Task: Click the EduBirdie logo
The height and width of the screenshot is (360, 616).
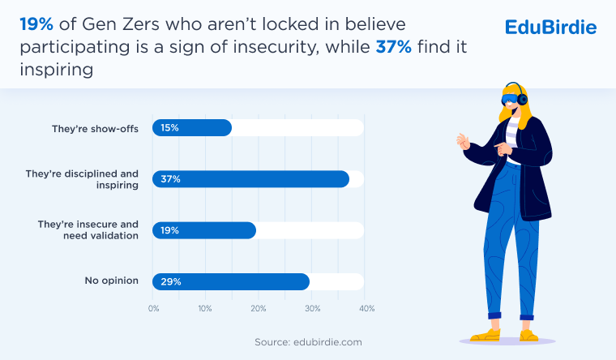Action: (550, 28)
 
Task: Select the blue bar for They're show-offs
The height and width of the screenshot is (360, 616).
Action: (192, 128)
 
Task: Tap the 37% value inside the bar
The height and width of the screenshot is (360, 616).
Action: (170, 179)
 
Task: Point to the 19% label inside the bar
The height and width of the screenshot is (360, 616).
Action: (170, 230)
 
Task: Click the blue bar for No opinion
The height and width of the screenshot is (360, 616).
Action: (231, 281)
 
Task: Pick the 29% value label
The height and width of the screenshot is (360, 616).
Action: (170, 281)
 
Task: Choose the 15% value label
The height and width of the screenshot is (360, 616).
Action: (169, 128)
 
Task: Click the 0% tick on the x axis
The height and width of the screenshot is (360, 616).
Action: (153, 309)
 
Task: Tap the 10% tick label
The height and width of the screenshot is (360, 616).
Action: (205, 309)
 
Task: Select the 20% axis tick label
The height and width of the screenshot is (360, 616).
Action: (259, 309)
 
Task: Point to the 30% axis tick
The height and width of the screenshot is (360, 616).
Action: (312, 309)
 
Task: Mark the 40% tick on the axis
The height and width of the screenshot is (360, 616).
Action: (366, 309)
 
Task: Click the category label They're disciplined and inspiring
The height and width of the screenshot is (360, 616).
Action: (82, 179)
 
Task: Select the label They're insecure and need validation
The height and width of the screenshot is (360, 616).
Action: (89, 229)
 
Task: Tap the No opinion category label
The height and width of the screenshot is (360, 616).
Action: (111, 281)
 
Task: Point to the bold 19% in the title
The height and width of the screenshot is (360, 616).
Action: (36, 24)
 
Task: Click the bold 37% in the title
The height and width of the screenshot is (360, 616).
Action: (394, 47)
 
